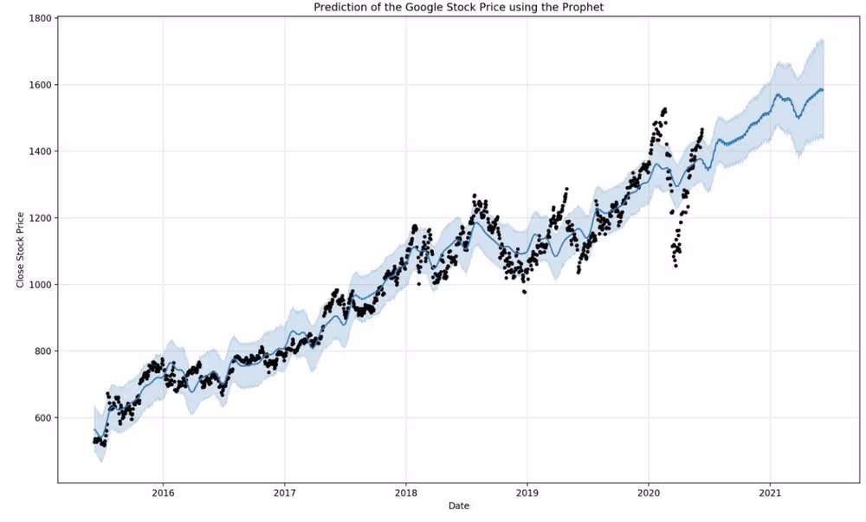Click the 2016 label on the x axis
(x=163, y=493)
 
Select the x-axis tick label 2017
(x=284, y=493)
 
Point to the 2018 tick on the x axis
(x=406, y=493)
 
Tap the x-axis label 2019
(x=527, y=493)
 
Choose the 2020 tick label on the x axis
(x=649, y=493)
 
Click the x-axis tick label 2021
(x=770, y=493)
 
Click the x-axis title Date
(x=459, y=506)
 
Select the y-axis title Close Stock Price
(x=21, y=249)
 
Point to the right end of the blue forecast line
(x=823, y=90)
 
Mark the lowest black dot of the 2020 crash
(x=675, y=266)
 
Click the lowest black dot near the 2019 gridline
(x=524, y=292)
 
